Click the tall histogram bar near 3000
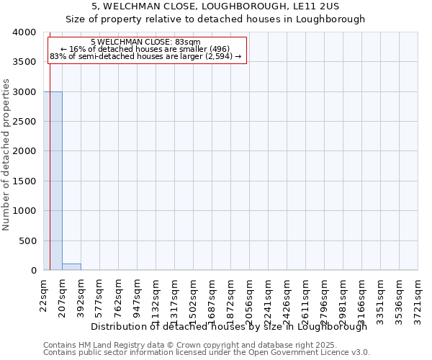coord(53,181)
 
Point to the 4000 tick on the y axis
coord(27,32)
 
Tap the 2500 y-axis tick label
coord(27,122)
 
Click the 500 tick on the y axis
coord(30,240)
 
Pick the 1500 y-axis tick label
coord(27,181)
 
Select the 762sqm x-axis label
coord(118,294)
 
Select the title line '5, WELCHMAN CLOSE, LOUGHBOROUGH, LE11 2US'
coord(216,7)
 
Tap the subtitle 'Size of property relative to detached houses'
coord(216,19)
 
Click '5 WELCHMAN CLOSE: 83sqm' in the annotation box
coord(146,42)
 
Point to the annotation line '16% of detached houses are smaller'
coord(146,49)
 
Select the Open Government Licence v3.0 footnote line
coord(207,353)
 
